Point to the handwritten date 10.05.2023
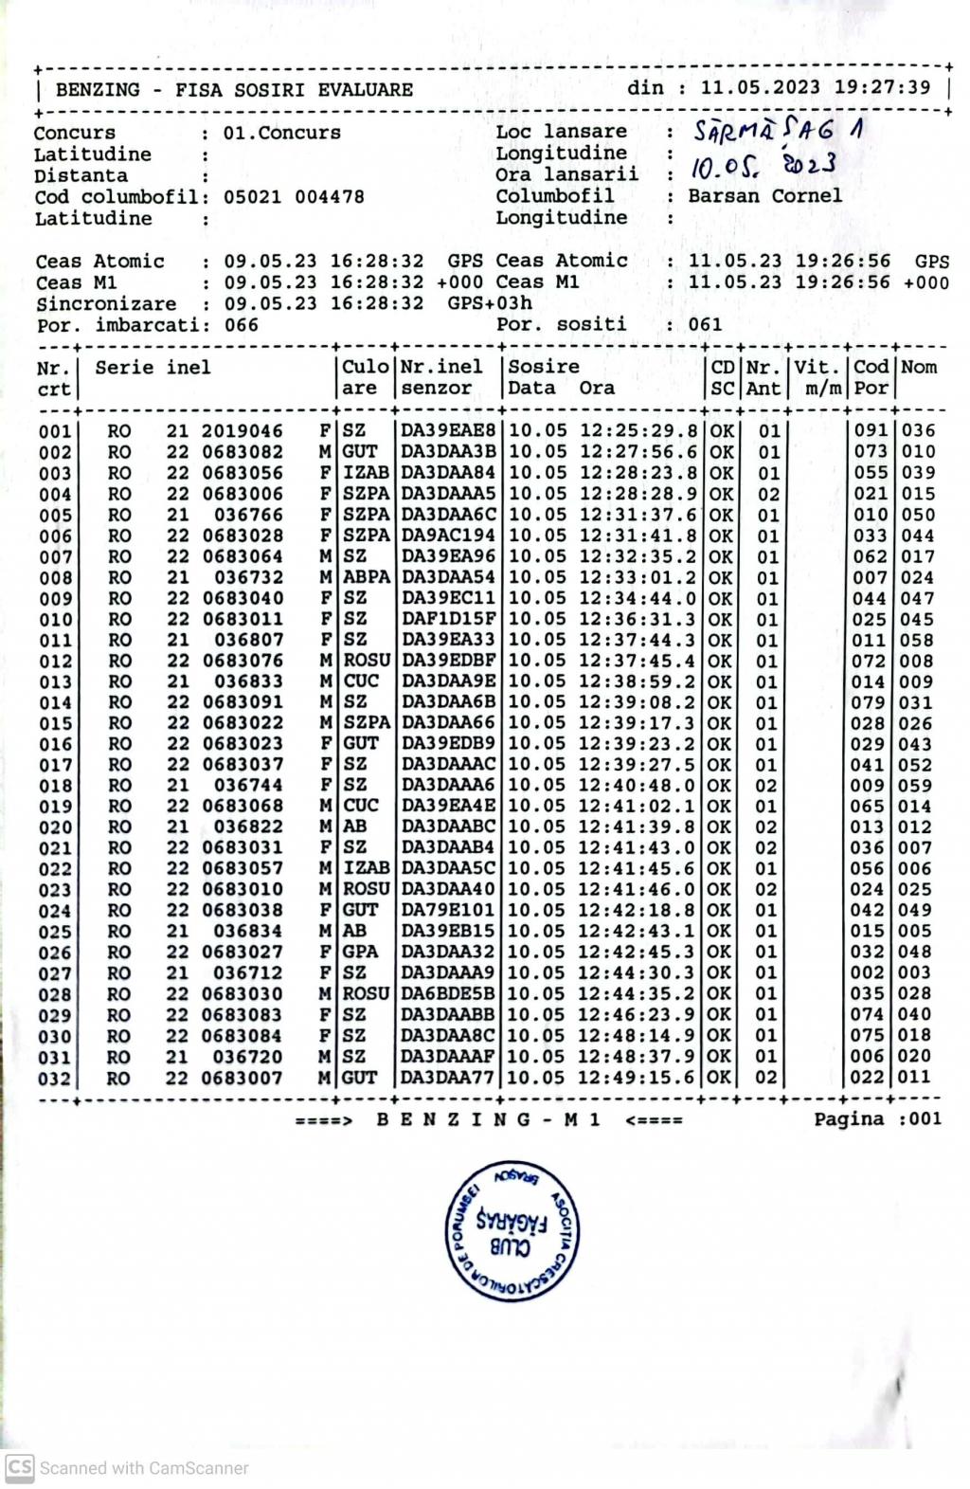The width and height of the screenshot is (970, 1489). pyautogui.click(x=762, y=167)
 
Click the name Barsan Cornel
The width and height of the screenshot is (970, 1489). pyautogui.click(x=764, y=196)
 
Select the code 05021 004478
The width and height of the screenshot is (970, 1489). pyautogui.click(x=294, y=197)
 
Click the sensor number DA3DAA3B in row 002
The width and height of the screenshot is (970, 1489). pyautogui.click(x=448, y=452)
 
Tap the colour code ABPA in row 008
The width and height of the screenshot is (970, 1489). pyautogui.click(x=366, y=577)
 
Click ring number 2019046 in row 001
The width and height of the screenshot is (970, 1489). pyautogui.click(x=242, y=431)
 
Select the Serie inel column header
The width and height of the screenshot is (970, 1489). pyautogui.click(x=153, y=368)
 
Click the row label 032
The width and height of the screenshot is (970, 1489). pyautogui.click(x=54, y=1079)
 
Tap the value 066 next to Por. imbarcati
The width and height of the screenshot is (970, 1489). pyautogui.click(x=241, y=325)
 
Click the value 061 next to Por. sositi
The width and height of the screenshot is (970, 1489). pyautogui.click(x=705, y=325)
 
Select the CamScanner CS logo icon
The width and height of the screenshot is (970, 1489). pyautogui.click(x=19, y=1467)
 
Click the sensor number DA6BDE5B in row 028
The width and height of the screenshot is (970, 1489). pyautogui.click(x=448, y=994)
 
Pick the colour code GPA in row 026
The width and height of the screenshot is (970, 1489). pyautogui.click(x=360, y=953)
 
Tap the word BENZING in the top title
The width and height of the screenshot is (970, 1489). pyautogui.click(x=98, y=90)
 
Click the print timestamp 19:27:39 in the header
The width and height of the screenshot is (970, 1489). pyautogui.click(x=882, y=87)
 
